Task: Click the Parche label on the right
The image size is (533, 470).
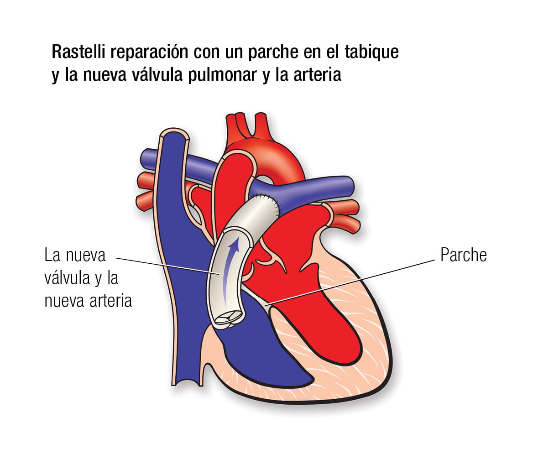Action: [463, 255]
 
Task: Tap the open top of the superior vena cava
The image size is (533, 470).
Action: [174, 135]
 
